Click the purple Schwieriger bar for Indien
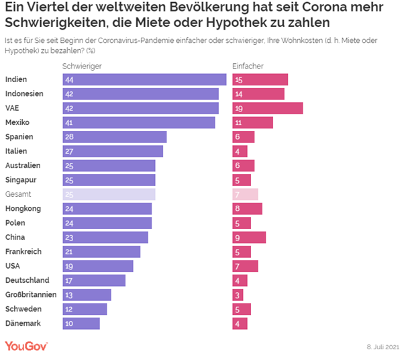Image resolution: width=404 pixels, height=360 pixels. coord(144,79)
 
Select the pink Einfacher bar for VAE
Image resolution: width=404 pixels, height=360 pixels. coord(267,108)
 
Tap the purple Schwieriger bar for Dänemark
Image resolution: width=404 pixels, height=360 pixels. coord(81,323)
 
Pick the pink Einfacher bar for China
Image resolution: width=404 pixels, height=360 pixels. coord(249,237)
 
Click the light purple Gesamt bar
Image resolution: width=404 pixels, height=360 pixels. coord(108,194)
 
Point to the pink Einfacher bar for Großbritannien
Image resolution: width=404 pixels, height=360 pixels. coord(238,294)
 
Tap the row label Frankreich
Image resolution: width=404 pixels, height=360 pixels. coord(23,251)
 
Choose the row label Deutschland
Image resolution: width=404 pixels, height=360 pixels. coord(26,280)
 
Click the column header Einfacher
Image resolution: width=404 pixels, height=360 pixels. coord(248,66)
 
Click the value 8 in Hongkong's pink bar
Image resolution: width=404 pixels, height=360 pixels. coord(238,208)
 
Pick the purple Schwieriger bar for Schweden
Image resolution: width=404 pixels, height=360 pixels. coord(84,309)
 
